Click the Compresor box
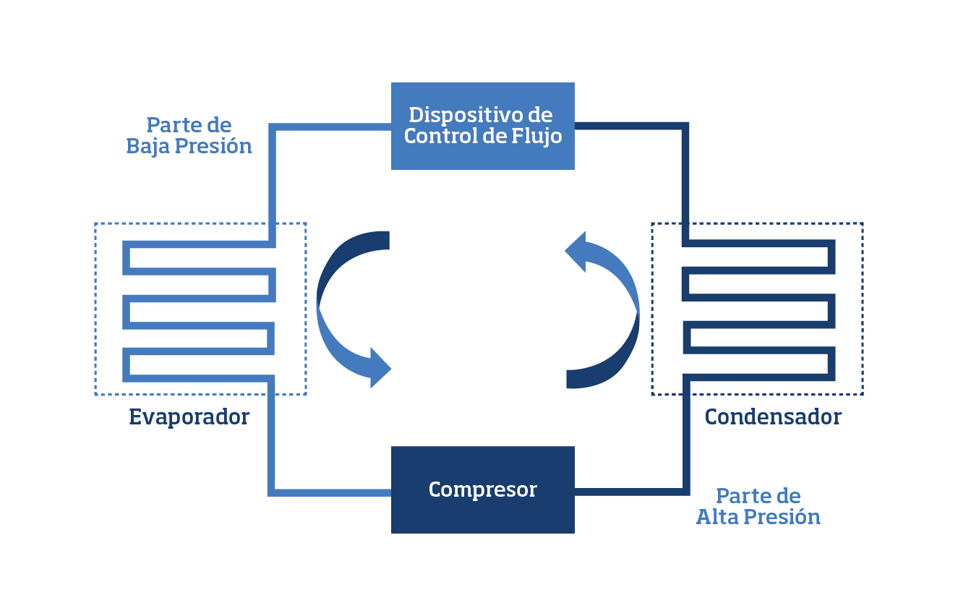click(482, 489)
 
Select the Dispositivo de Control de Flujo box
click(482, 126)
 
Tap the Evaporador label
click(189, 417)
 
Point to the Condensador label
click(773, 417)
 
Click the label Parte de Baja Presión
click(189, 136)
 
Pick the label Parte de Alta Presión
click(758, 507)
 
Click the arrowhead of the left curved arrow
click(379, 368)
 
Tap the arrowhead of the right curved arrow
click(577, 252)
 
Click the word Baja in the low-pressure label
click(149, 147)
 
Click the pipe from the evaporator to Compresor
click(272, 448)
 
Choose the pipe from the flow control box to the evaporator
click(272, 174)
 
